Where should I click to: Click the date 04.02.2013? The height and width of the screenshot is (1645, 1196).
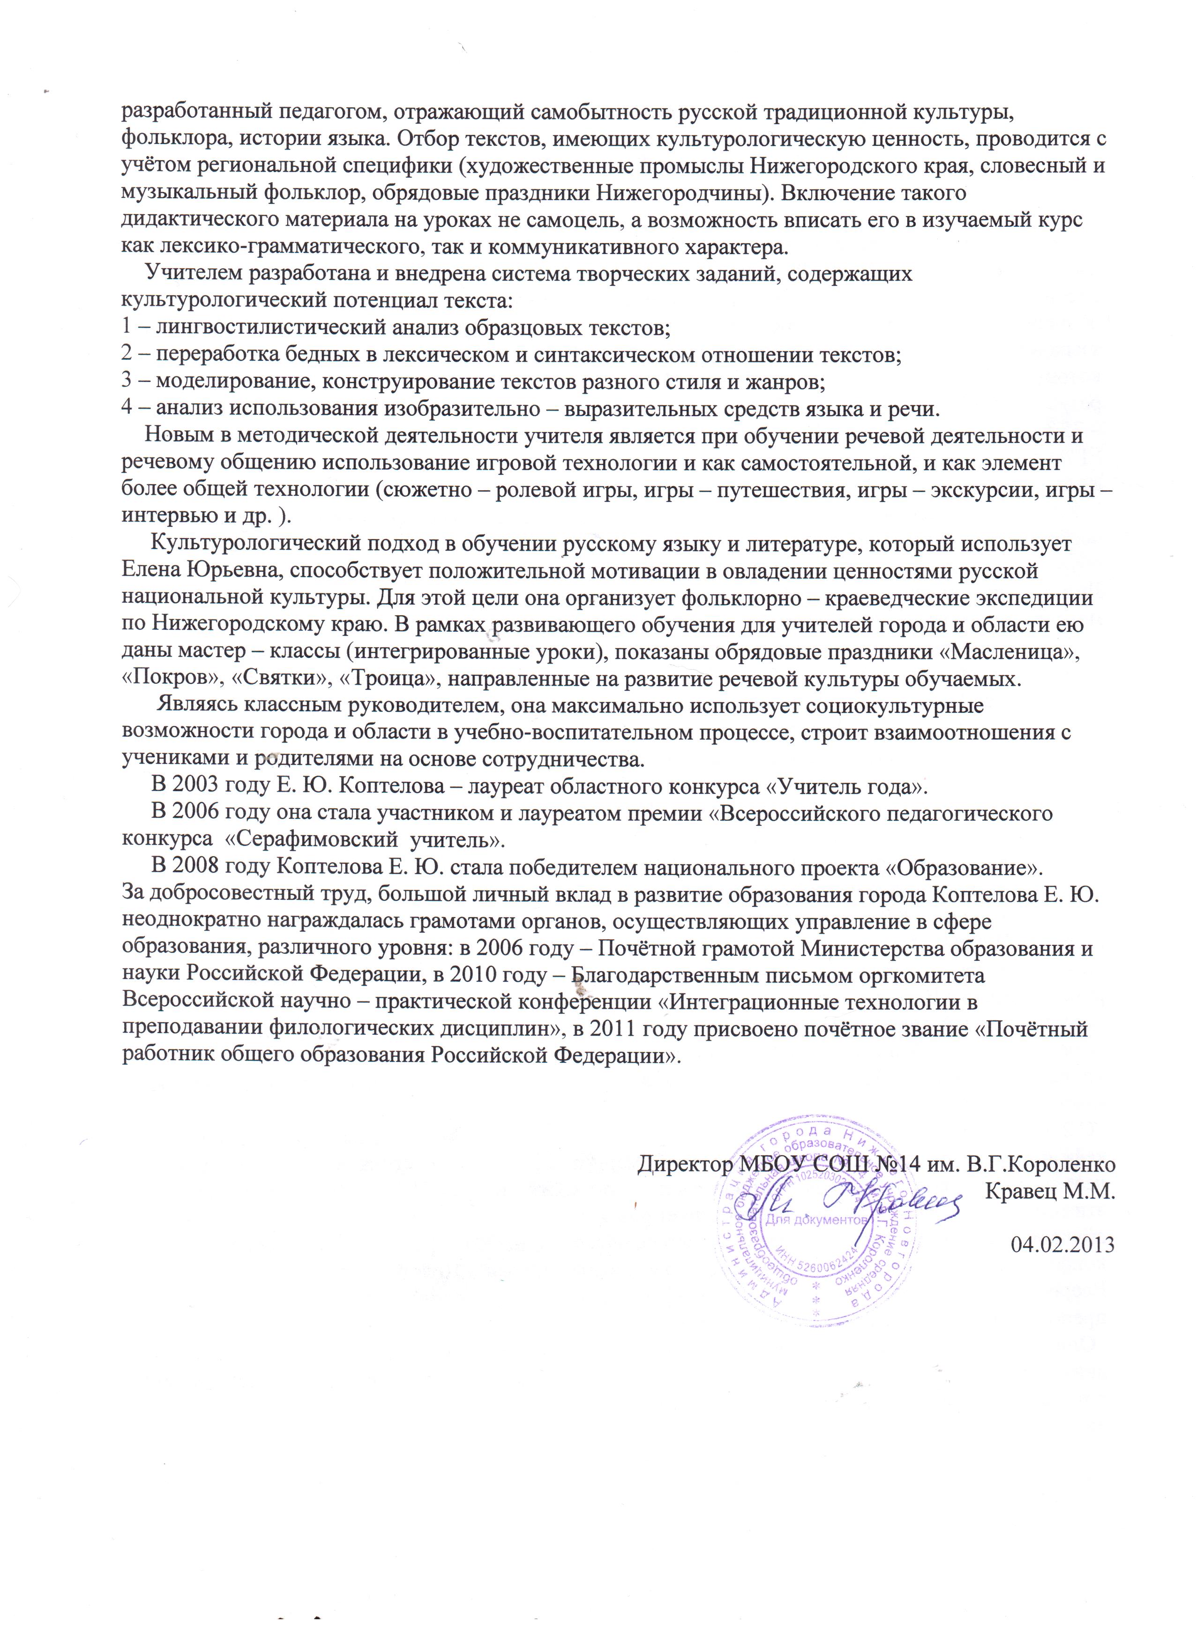(x=1062, y=1244)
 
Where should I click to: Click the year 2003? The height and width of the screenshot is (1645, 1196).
(x=198, y=787)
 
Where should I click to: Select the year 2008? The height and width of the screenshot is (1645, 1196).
(x=198, y=867)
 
